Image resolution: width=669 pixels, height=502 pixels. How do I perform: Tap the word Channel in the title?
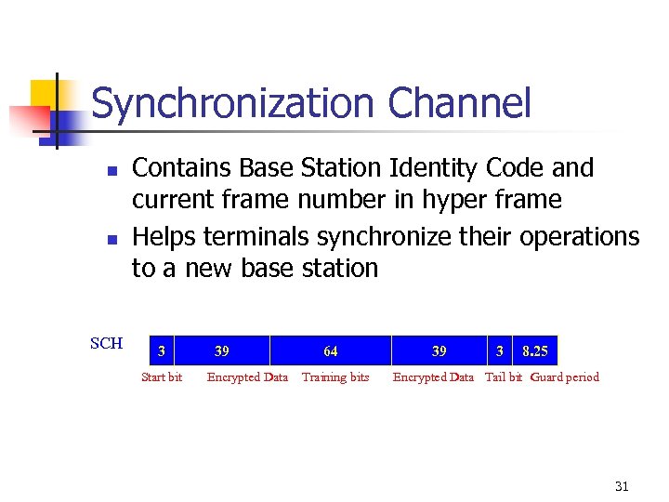tap(459, 103)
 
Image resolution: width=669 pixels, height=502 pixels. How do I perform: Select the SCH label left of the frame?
tap(106, 344)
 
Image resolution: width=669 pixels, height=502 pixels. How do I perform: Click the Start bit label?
tap(161, 377)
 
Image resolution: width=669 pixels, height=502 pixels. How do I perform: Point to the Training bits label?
tap(335, 377)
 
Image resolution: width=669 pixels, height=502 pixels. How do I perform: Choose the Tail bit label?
tap(504, 377)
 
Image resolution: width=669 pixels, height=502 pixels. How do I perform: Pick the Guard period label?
tap(565, 377)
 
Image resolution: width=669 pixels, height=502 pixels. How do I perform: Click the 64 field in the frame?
tap(331, 351)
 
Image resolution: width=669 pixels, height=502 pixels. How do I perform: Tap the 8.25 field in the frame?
tap(535, 351)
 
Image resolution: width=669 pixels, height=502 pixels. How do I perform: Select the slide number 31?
tap(622, 486)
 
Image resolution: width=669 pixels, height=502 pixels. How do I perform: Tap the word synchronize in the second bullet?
tap(380, 236)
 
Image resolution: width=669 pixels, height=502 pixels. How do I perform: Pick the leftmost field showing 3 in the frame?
tap(162, 351)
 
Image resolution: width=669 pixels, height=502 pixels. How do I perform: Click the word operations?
tap(579, 237)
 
